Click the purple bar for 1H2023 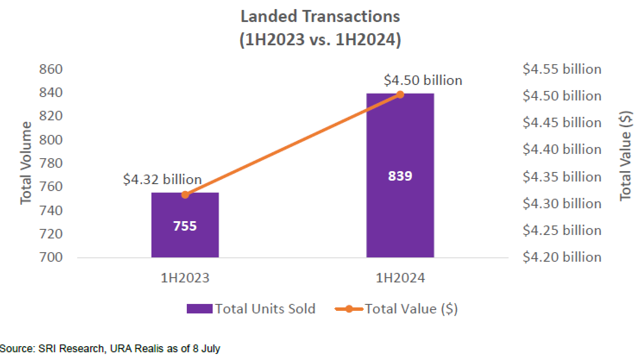tap(185, 241)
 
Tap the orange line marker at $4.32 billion tap(185, 195)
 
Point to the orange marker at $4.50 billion tap(400, 94)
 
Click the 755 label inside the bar tap(185, 226)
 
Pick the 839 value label tap(400, 176)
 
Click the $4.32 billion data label tap(162, 179)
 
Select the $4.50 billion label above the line tap(423, 80)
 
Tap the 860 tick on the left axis tap(51, 69)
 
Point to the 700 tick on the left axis tap(51, 257)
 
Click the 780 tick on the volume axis tap(51, 163)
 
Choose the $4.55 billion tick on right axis tap(562, 69)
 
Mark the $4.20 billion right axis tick tap(562, 257)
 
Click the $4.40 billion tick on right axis tap(562, 149)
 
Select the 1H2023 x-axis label tap(185, 278)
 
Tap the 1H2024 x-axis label tap(400, 278)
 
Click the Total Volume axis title tap(26, 163)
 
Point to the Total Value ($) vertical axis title tap(625, 156)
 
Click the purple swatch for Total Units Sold tap(199, 309)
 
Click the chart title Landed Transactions tap(320, 16)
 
